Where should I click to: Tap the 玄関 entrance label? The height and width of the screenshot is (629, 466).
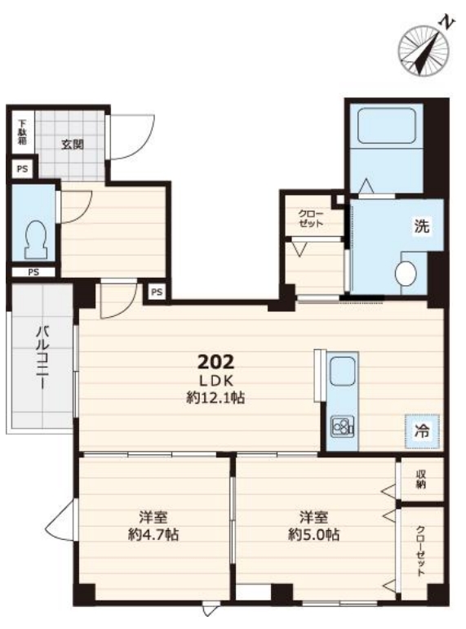(x=72, y=145)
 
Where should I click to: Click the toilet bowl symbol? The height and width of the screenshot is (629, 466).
(x=35, y=236)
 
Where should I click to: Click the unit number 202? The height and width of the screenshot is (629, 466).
(x=215, y=361)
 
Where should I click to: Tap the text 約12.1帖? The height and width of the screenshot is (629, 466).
(x=215, y=399)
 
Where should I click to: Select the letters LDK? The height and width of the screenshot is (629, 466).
(x=215, y=381)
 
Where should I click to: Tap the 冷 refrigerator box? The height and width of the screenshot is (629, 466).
(x=422, y=427)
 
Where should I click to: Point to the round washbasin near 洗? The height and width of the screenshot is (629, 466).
(x=406, y=273)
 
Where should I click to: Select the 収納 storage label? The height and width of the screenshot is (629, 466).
(x=422, y=480)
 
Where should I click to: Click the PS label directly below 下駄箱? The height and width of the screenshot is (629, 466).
(x=21, y=170)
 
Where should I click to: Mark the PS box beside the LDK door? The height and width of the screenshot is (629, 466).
(x=157, y=292)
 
